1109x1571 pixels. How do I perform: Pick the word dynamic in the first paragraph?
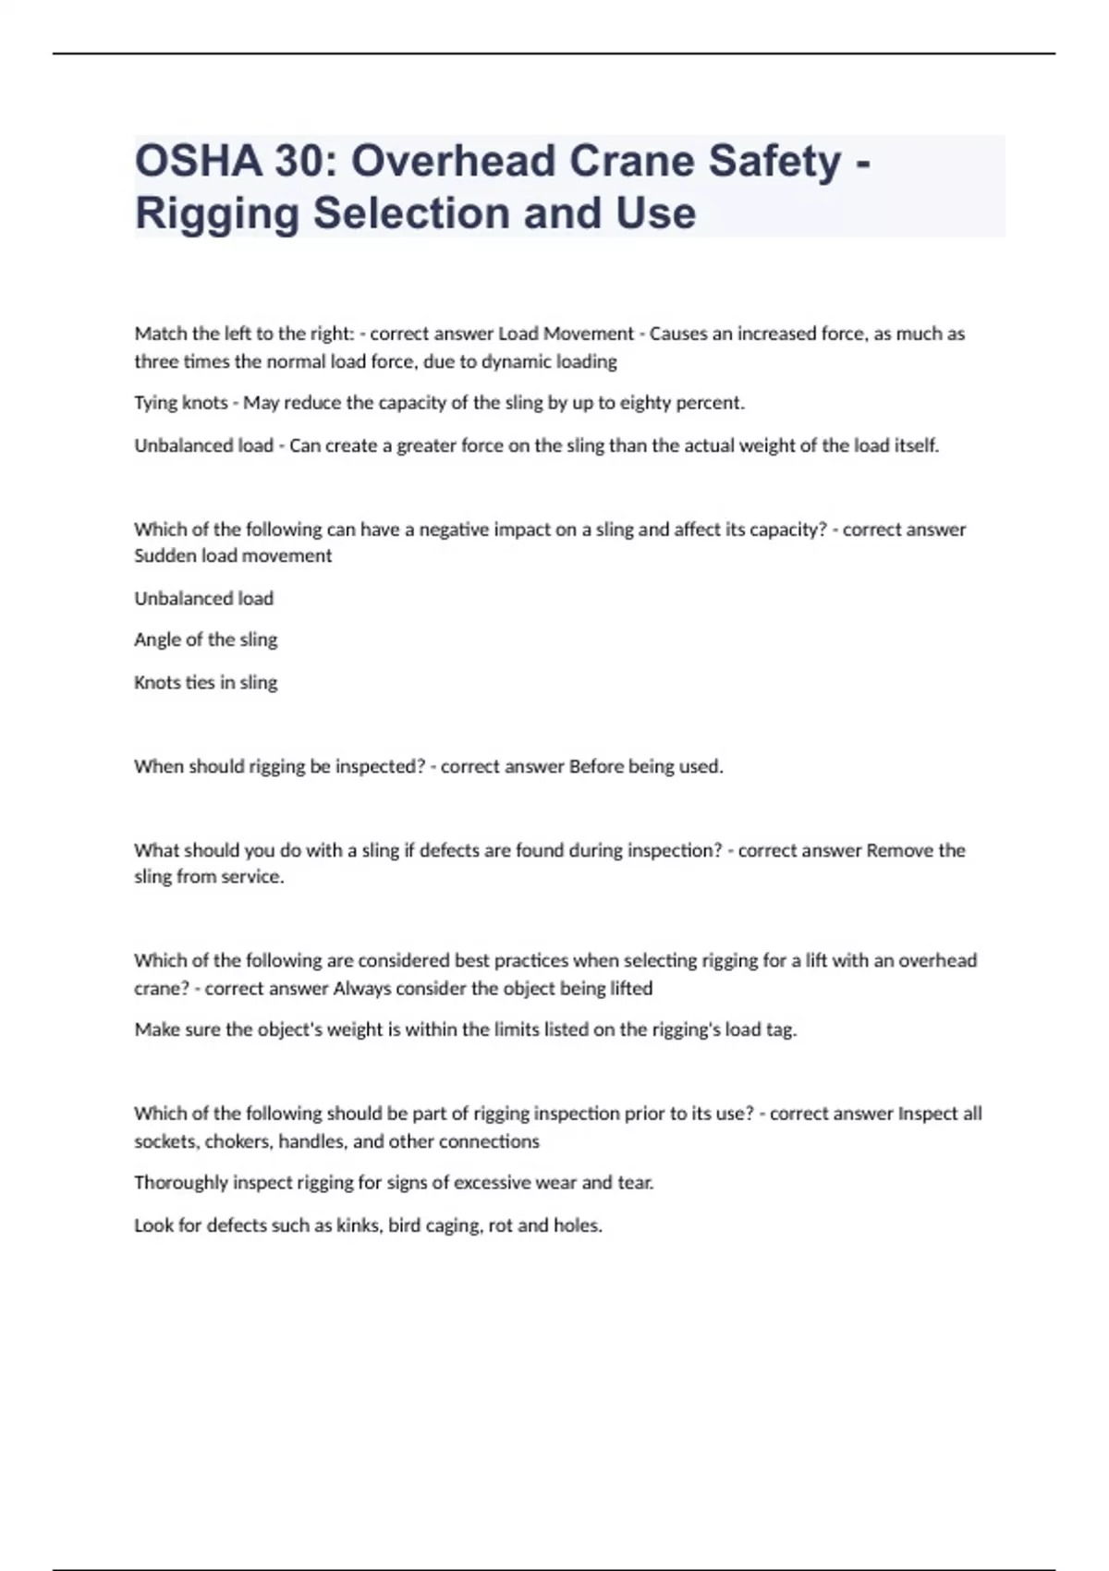[514, 361]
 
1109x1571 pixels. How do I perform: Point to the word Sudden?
[165, 555]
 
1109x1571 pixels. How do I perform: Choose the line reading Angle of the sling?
[205, 639]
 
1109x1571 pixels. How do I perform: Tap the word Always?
[361, 988]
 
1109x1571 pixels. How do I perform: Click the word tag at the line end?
[780, 1029]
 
